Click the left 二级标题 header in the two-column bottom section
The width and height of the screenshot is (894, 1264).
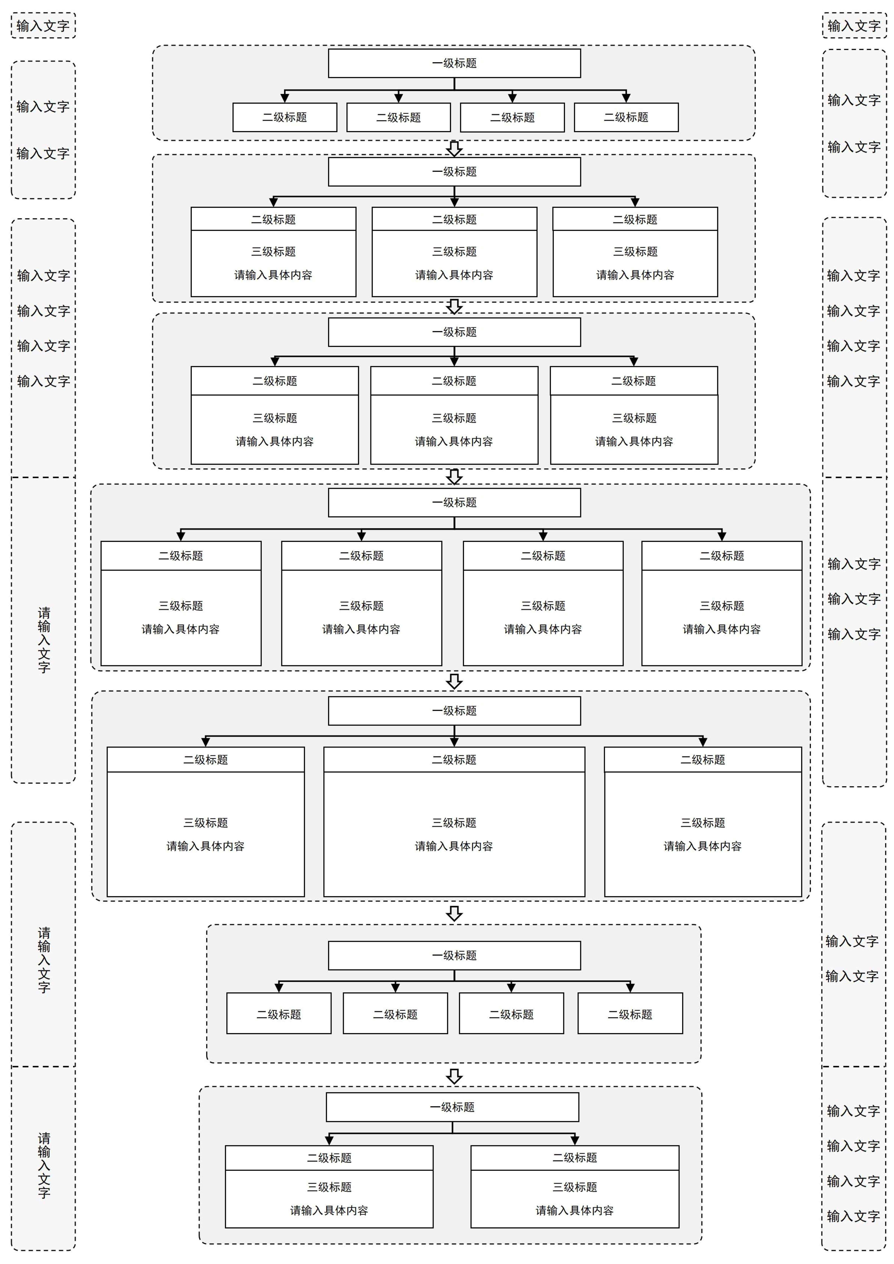pyautogui.click(x=329, y=1158)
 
